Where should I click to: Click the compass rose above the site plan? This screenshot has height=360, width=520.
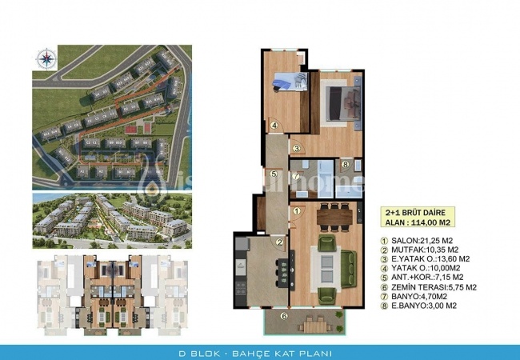coord(45,57)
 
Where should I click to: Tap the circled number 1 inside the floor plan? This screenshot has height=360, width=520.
coord(296,211)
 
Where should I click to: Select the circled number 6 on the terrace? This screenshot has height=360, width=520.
coord(282,316)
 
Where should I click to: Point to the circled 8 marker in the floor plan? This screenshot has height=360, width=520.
coord(344,166)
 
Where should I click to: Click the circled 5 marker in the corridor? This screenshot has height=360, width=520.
coord(273,174)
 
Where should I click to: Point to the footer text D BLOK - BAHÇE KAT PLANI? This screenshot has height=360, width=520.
coord(259,353)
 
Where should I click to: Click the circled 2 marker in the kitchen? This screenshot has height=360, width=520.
coord(280,242)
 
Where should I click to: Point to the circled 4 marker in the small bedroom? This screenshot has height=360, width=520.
coord(273,125)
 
